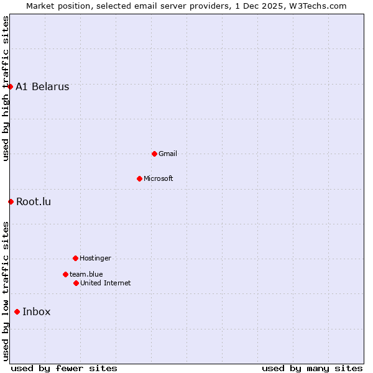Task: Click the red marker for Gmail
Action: [x=154, y=154]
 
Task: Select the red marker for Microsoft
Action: [x=139, y=178]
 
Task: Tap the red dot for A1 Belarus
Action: [x=11, y=86]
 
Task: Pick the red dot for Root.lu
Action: [x=11, y=201]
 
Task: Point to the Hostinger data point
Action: [x=75, y=258]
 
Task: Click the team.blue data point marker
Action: [x=65, y=274]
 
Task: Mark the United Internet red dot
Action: [x=76, y=283]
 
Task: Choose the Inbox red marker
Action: [x=17, y=312]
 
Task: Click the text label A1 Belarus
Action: [x=42, y=87]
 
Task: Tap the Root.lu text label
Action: [x=34, y=201]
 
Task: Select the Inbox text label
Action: [x=36, y=312]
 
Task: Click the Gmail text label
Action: [x=168, y=154]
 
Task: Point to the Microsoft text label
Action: [x=158, y=178]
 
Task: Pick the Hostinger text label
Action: [x=95, y=258]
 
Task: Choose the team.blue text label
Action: [x=86, y=274]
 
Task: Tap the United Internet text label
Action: [x=105, y=283]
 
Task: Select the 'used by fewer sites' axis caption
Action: [x=64, y=368]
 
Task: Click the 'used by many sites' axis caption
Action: [x=312, y=368]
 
